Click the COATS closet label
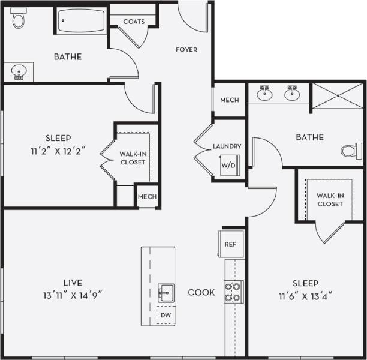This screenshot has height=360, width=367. coord(134,22)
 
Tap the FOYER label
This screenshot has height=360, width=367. coord(186,50)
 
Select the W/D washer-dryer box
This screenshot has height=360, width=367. coord(228,165)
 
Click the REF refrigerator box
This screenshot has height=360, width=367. coord(230,244)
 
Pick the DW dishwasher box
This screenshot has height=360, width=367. coord(164,314)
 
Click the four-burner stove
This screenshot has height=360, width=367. coord(233,291)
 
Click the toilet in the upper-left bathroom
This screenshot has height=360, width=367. coord(19,20)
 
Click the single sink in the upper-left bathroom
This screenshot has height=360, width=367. coord(19,73)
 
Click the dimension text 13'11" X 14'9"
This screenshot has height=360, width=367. coord(72,295)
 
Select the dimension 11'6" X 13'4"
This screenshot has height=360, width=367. coord(305,295)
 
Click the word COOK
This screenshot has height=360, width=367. coord(201,293)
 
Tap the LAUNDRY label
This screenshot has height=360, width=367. coord(227,146)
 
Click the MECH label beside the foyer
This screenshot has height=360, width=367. coord(229,100)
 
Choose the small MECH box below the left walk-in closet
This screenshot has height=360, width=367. coord(147,197)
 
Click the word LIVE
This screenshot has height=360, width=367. coord(72,283)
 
